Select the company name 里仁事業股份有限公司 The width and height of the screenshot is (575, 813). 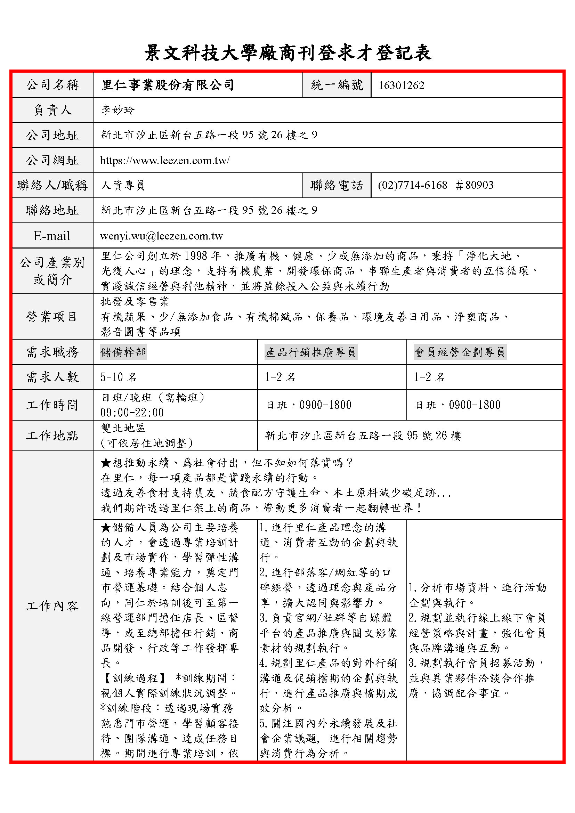168,85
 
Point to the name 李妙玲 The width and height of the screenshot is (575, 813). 118,110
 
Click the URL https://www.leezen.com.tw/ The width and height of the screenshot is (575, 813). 165,160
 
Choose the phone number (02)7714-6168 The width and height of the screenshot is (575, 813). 413,185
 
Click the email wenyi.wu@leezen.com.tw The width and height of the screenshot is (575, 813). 161,236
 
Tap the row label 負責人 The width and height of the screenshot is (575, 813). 53,110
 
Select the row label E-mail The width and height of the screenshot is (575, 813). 52,236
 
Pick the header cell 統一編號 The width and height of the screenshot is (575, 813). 337,85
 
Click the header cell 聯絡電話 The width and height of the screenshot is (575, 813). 337,185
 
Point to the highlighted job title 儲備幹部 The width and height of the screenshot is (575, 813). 123,352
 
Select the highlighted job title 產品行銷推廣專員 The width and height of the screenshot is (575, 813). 310,352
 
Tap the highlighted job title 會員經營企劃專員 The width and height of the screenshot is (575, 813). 460,352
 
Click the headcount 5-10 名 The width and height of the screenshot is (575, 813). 118,377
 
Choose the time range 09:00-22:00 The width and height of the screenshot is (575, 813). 132,413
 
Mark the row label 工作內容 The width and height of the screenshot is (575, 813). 52,606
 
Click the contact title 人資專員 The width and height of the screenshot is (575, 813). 123,185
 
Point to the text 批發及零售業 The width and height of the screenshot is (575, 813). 135,302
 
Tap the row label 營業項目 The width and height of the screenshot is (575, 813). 52,317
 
